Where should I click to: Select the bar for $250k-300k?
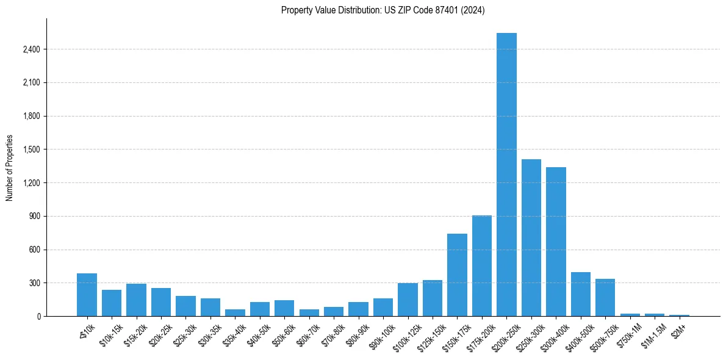(x=531, y=238)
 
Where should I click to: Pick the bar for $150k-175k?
(x=457, y=275)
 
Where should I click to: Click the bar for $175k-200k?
(x=482, y=266)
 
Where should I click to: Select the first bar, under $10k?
(x=87, y=295)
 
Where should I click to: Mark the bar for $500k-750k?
(x=605, y=298)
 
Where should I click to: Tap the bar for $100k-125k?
(x=408, y=300)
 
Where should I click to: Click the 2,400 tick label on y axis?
(x=31, y=49)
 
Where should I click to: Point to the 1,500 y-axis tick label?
(x=31, y=149)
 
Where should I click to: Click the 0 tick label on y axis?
(x=38, y=317)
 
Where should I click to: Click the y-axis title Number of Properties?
(x=10, y=168)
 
